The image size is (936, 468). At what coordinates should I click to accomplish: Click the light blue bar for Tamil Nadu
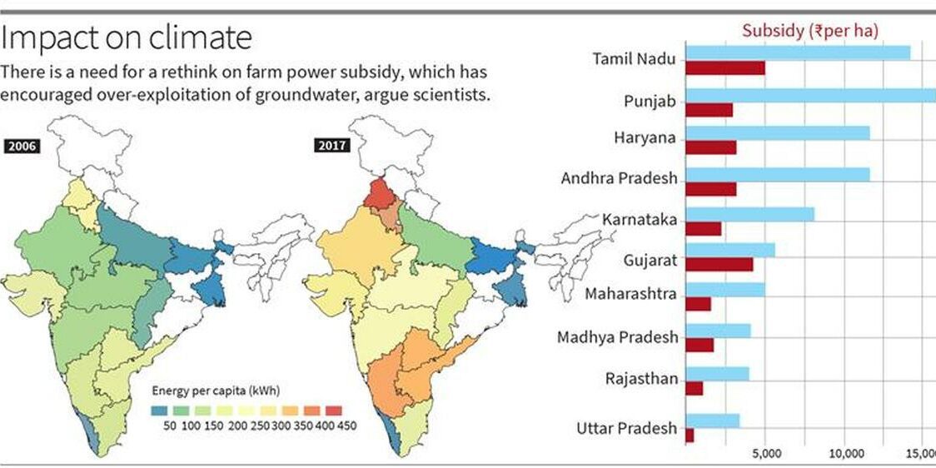[x=797, y=52]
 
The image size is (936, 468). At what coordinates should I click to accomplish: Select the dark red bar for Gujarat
[x=719, y=264]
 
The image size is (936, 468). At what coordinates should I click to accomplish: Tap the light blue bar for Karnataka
[x=749, y=214]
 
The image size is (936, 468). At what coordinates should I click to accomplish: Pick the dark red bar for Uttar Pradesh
[x=690, y=435]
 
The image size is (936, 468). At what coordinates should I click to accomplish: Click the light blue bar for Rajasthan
[x=717, y=374]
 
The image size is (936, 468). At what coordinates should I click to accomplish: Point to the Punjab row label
[x=650, y=102]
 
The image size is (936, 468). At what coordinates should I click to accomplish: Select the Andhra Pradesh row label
[x=619, y=178]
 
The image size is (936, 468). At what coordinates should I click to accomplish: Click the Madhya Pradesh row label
[x=617, y=337]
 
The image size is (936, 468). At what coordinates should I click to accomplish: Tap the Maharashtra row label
[x=630, y=294]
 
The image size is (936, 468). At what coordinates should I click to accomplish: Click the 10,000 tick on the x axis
[x=846, y=454]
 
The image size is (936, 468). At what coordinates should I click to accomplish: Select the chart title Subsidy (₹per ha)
[x=810, y=32]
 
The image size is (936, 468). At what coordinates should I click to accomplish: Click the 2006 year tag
[x=22, y=147]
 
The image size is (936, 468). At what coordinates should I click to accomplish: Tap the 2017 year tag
[x=332, y=146]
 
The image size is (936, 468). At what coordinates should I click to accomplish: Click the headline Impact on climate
[x=125, y=37]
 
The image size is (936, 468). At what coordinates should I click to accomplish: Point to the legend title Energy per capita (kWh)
[x=215, y=390]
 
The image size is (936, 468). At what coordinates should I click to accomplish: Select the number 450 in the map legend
[x=346, y=426]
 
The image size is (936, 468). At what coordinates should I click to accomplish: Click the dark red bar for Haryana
[x=710, y=147]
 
